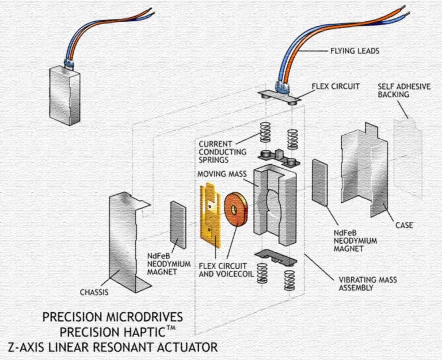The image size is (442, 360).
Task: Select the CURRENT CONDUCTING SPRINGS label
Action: [222, 151]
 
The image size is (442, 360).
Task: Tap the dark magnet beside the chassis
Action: [178, 225]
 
